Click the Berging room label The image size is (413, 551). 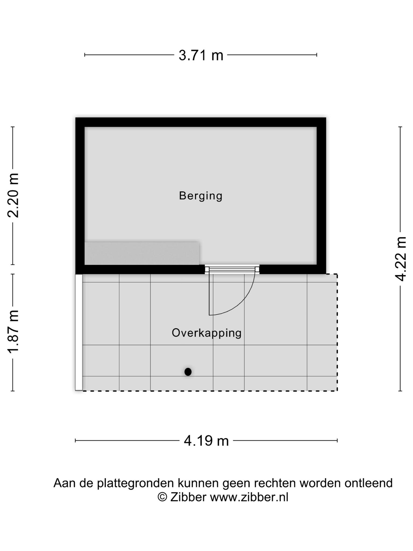click(201, 196)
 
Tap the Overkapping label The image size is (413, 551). click(206, 333)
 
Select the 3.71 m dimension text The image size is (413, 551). click(201, 56)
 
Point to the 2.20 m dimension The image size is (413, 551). click(13, 196)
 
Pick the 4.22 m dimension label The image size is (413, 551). click(401, 259)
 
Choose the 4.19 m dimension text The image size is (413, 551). click(206, 441)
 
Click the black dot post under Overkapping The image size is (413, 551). click(188, 372)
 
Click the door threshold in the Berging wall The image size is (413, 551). click(232, 269)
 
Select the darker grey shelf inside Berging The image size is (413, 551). click(142, 253)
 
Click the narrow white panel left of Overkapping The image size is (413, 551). click(79, 332)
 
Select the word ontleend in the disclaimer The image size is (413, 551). click(369, 483)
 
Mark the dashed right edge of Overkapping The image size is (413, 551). click(337, 332)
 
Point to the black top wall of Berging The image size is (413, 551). click(201, 122)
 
